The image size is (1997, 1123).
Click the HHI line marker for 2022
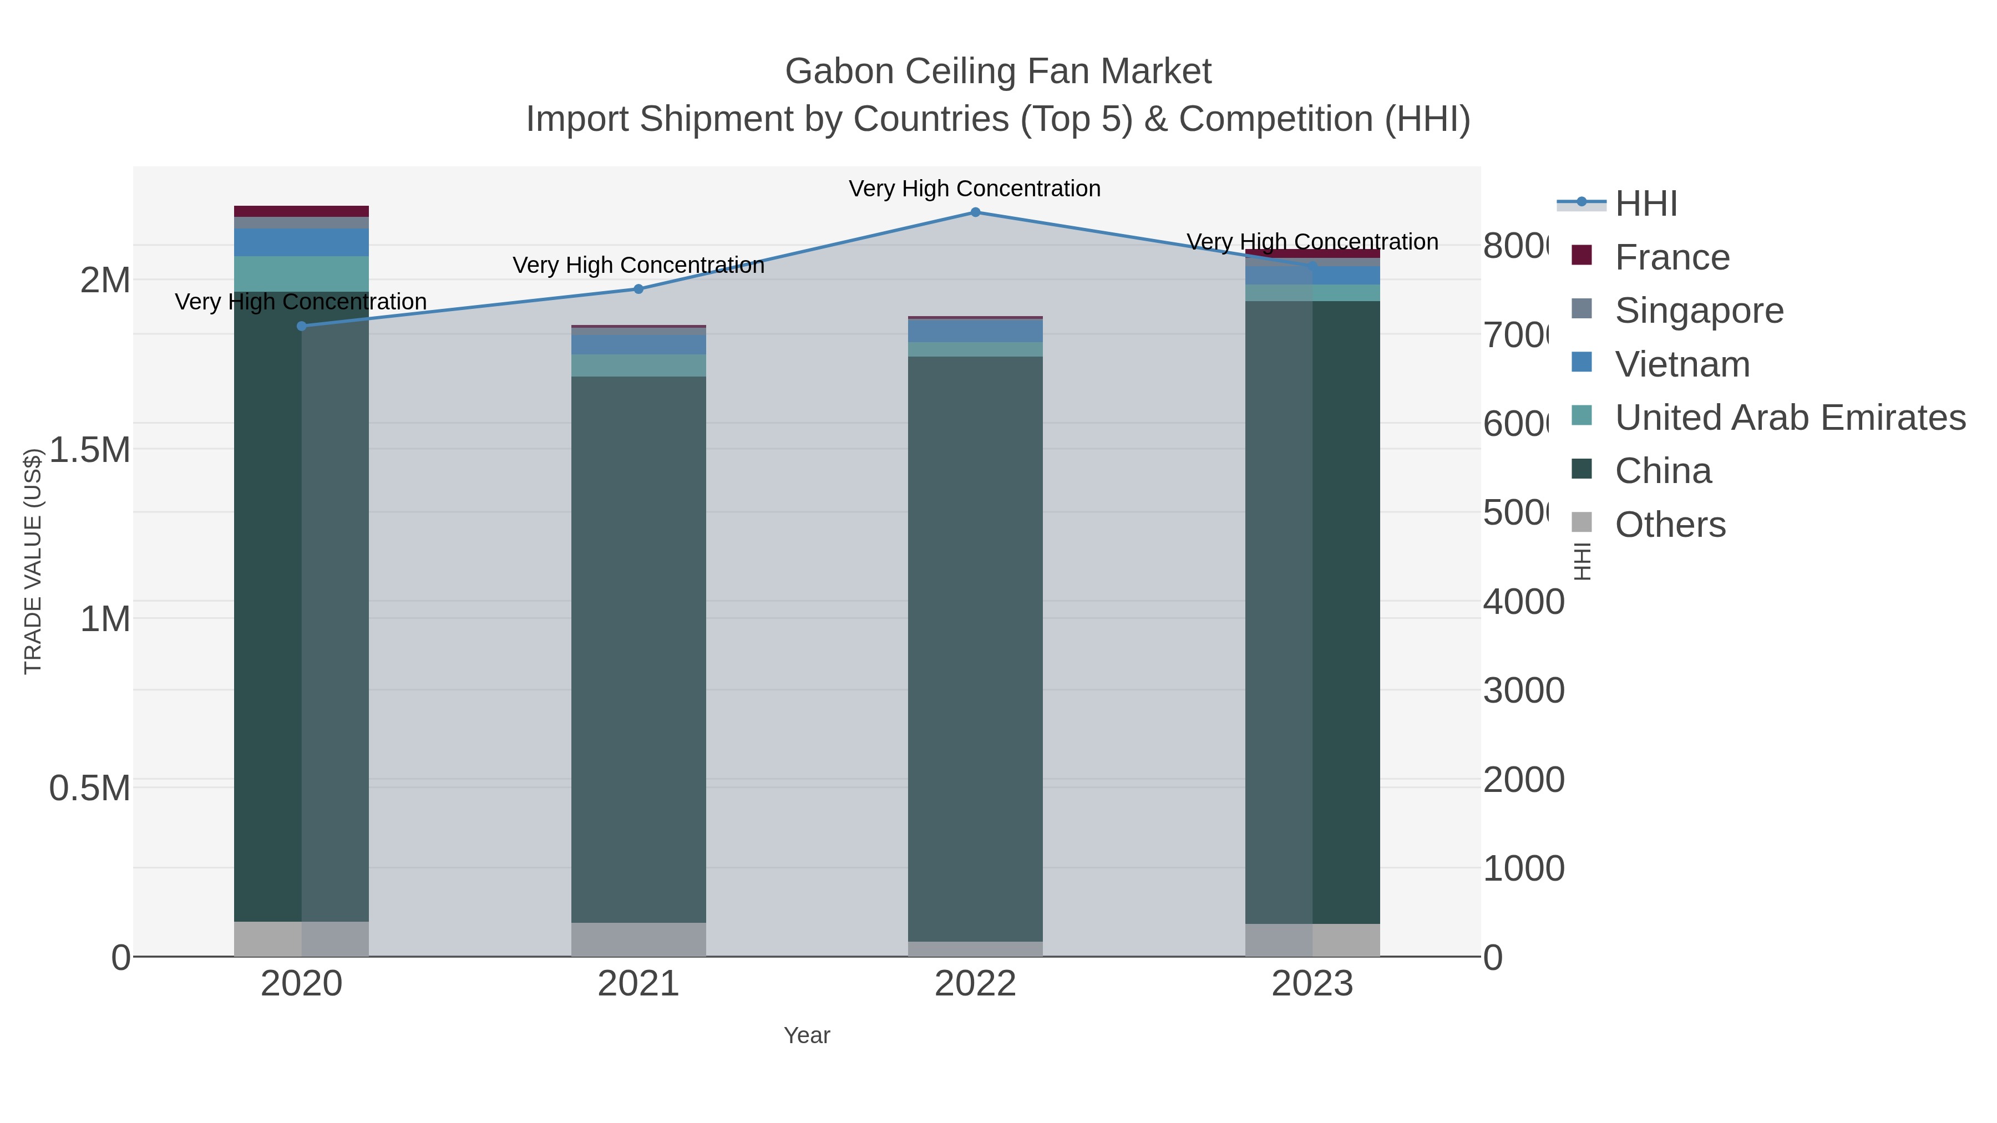pyautogui.click(x=975, y=212)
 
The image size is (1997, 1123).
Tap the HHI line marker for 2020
pyautogui.click(x=302, y=326)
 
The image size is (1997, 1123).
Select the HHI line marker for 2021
pyautogui.click(x=639, y=289)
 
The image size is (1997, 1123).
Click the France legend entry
pyautogui.click(x=1671, y=257)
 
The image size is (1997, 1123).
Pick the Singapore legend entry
pyautogui.click(x=1699, y=310)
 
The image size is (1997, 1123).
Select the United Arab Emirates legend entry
pyautogui.click(x=1789, y=417)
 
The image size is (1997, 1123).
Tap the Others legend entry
pyautogui.click(x=1670, y=525)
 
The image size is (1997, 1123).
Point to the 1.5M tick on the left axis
pyautogui.click(x=90, y=450)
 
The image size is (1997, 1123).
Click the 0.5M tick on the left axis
pyautogui.click(x=90, y=788)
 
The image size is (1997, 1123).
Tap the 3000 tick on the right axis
pyautogui.click(x=1523, y=690)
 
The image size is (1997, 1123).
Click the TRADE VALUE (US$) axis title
pyautogui.click(x=33, y=561)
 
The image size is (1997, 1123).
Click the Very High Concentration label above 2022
pyautogui.click(x=975, y=189)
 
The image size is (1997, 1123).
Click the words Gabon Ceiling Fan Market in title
pyautogui.click(x=998, y=72)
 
